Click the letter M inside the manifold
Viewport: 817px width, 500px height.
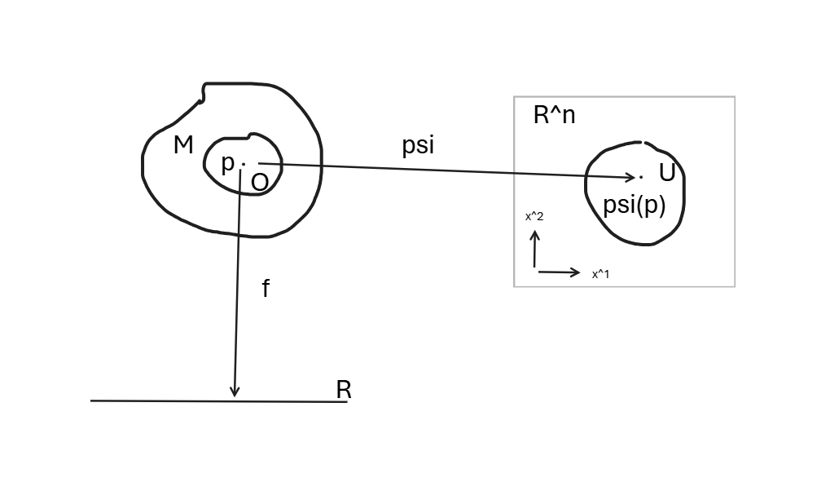click(184, 146)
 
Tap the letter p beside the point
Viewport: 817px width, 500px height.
click(228, 163)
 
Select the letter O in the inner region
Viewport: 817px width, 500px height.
click(259, 183)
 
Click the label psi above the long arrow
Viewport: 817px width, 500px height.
click(418, 146)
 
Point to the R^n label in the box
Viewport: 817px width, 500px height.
click(554, 115)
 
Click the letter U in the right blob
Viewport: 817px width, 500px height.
click(667, 173)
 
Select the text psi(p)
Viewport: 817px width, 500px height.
click(635, 205)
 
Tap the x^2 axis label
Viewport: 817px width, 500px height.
click(534, 216)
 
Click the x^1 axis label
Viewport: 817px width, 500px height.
click(601, 274)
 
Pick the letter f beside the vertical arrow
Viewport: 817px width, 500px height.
click(266, 288)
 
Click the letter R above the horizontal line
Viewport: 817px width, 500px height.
click(344, 390)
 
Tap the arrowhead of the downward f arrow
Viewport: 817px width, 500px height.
click(235, 392)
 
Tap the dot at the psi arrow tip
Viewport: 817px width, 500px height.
click(641, 176)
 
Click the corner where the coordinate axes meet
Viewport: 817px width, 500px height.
click(535, 268)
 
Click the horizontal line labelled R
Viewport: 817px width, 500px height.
click(163, 400)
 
